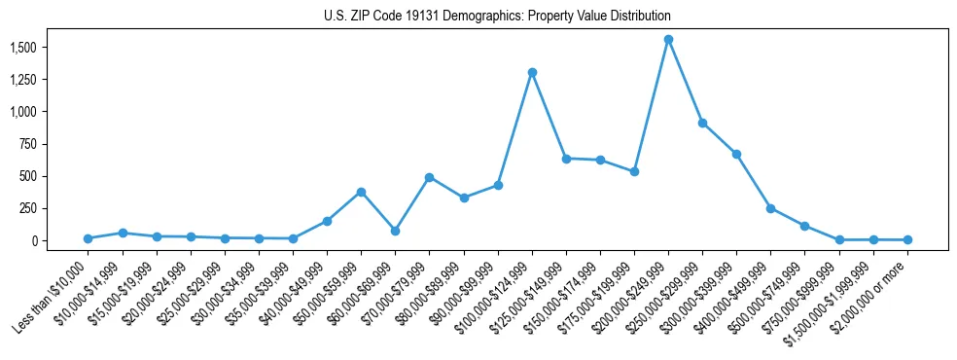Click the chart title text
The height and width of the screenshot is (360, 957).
(497, 17)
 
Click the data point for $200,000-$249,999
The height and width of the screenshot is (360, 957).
(668, 40)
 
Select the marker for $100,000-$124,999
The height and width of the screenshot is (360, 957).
(532, 72)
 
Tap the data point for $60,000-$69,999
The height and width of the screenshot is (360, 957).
(395, 231)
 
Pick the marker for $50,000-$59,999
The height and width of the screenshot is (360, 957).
(361, 192)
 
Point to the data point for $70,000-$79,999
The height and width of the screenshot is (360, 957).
(429, 177)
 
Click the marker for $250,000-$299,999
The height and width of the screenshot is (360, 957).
(702, 123)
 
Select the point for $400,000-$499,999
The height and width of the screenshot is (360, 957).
(770, 208)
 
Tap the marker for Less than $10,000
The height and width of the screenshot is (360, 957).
(88, 238)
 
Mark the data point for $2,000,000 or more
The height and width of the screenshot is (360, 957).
(907, 239)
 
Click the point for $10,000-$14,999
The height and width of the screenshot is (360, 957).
(123, 233)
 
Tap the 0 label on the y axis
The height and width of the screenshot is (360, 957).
(37, 240)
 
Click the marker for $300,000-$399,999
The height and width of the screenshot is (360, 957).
(736, 154)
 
